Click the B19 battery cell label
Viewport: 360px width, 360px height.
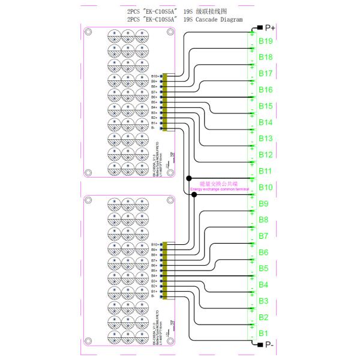coord(266,41)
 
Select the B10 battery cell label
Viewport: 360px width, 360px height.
coord(266,187)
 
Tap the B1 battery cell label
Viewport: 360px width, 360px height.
coord(263,333)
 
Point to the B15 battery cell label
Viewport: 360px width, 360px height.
coord(266,106)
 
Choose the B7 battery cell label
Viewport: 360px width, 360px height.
coord(263,236)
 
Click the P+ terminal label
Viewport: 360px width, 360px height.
coord(270,28)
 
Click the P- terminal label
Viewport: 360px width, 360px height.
coord(269,345)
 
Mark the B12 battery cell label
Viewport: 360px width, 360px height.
coord(266,155)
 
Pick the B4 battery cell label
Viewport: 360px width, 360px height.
coord(263,284)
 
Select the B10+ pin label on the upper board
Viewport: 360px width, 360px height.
coord(154,76)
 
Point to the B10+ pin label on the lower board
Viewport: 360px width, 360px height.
coord(154,245)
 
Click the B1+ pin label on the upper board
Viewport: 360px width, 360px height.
coord(155,122)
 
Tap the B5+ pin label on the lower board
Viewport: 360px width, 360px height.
coord(155,271)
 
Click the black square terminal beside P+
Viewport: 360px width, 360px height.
coord(259,28)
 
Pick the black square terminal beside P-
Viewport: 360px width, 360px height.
coord(259,344)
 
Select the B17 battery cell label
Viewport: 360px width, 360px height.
coord(266,73)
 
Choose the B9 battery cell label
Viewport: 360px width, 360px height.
coord(263,203)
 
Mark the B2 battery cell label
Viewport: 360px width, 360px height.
coord(263,317)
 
